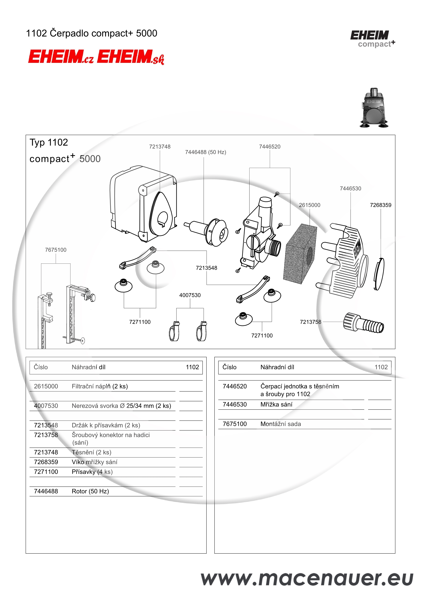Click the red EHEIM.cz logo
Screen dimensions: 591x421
[x=61, y=57]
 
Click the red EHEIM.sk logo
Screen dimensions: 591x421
[x=130, y=57]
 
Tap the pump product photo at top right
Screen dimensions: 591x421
[x=374, y=108]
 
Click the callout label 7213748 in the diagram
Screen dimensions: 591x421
[x=160, y=147]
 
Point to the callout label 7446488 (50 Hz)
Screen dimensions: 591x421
[x=205, y=152]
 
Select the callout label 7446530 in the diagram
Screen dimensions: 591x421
[x=350, y=189]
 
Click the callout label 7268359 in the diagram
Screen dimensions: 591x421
[x=380, y=205]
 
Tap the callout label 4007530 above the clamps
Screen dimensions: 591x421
[x=190, y=295]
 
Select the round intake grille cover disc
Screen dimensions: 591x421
[x=379, y=274]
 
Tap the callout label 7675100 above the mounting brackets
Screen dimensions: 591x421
[x=56, y=250]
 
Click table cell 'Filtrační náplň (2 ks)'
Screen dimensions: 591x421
[x=100, y=386]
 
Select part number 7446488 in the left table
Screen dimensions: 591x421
[x=46, y=491]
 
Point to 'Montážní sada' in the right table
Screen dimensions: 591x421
[x=280, y=424]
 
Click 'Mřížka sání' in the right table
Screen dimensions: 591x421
[x=276, y=404]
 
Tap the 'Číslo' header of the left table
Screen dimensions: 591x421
[x=41, y=367]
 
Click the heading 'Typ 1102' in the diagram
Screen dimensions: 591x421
[x=49, y=142]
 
